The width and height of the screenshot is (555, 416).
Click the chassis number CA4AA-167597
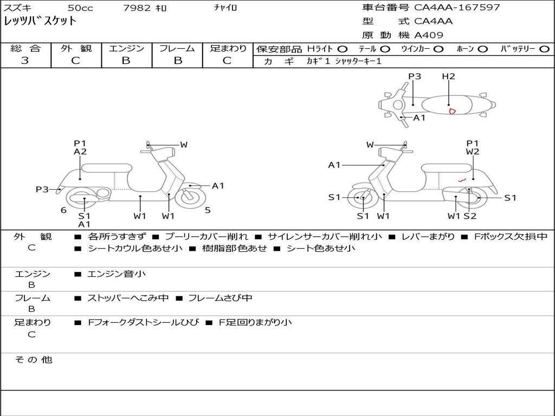(x=457, y=8)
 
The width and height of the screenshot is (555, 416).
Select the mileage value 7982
(x=137, y=8)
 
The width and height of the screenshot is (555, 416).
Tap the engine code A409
(x=428, y=35)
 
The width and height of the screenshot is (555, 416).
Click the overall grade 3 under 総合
(x=25, y=60)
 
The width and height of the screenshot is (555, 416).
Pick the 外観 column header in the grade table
(x=76, y=48)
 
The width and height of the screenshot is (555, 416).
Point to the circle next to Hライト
(x=343, y=49)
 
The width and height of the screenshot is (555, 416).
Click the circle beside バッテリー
(x=545, y=49)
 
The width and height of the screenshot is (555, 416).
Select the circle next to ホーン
(x=482, y=49)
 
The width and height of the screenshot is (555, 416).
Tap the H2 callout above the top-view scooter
(x=448, y=76)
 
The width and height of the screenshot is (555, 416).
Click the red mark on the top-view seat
(x=452, y=112)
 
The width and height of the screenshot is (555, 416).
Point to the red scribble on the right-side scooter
(x=462, y=180)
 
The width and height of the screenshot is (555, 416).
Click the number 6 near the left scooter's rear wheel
(x=63, y=210)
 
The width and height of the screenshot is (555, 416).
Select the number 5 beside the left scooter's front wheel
(x=208, y=210)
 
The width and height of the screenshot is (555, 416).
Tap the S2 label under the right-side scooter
(x=470, y=216)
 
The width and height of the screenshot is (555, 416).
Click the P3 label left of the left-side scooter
(x=42, y=189)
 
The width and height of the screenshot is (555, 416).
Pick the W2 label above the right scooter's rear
(x=473, y=152)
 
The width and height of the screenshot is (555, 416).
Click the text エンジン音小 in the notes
(x=117, y=274)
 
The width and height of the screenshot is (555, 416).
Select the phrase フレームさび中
(x=220, y=298)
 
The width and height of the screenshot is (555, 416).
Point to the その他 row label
(x=33, y=360)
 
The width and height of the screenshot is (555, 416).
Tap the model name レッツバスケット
(x=40, y=21)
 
